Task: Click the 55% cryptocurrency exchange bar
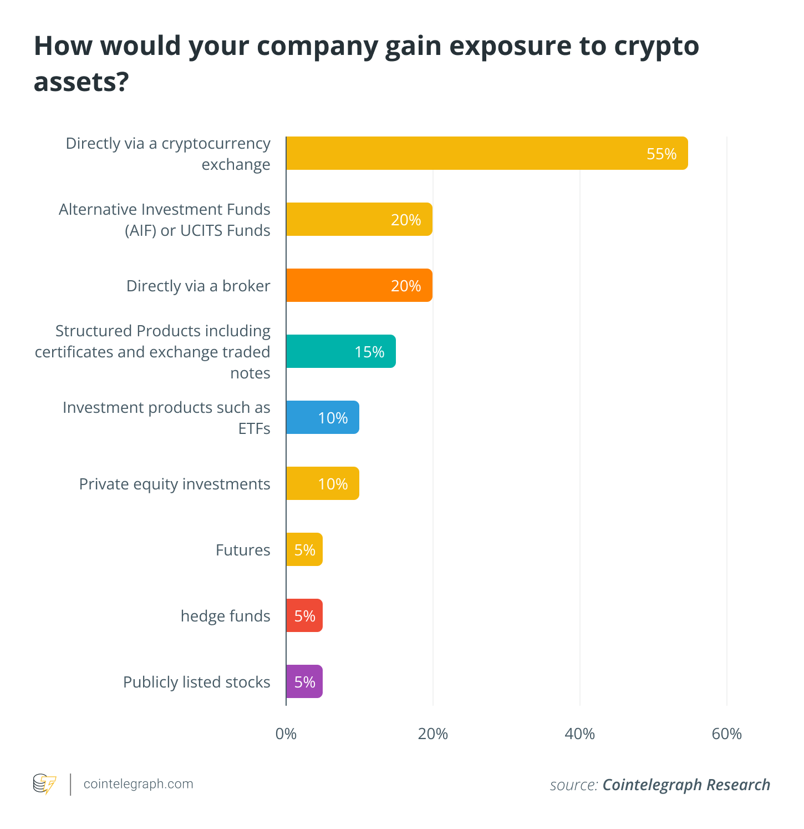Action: point(486,153)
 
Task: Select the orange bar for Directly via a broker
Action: point(359,285)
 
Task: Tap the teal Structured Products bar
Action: point(340,351)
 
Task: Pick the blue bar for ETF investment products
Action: point(322,417)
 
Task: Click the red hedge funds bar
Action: point(304,615)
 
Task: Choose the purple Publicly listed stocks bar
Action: point(304,681)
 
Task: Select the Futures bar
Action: point(304,549)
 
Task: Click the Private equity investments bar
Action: point(322,483)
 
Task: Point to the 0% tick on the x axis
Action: point(286,734)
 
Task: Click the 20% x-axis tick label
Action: point(432,734)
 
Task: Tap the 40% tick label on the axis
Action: point(579,734)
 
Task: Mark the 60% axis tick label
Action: point(726,734)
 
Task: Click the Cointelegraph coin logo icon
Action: point(44,784)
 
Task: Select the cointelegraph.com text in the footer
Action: point(138,784)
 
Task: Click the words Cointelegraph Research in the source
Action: point(686,785)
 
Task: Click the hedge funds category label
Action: point(225,616)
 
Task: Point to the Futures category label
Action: point(243,550)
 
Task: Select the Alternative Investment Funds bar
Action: point(359,219)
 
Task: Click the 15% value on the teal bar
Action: point(369,352)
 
